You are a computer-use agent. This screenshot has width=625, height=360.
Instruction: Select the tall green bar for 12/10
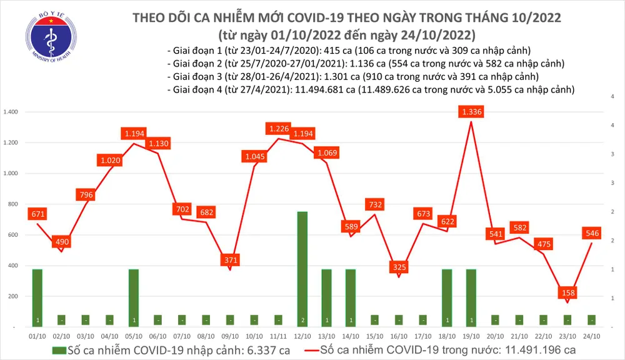tap(302, 269)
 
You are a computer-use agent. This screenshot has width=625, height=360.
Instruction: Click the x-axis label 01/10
tap(37, 336)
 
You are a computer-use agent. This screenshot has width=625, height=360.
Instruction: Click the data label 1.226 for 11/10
tap(278, 129)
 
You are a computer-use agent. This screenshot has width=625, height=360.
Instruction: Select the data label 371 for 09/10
tap(231, 259)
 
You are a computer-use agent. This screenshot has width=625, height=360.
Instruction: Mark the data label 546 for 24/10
tap(592, 233)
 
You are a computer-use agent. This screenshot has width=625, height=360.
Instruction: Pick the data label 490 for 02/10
tap(62, 242)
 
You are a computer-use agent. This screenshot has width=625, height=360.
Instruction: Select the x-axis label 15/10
tap(375, 336)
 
